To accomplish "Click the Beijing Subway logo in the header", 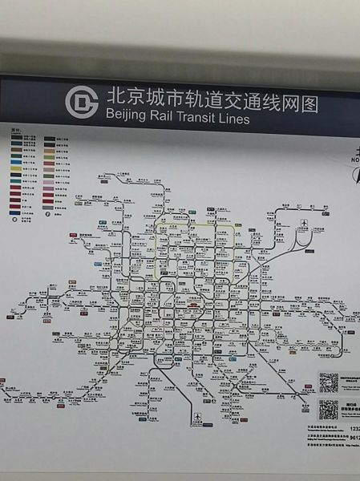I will click(x=81, y=102).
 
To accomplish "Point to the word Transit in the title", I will click(x=204, y=119).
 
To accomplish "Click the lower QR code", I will click(x=329, y=410).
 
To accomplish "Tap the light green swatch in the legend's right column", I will click(x=49, y=167).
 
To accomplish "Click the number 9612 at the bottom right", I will click(x=352, y=450).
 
